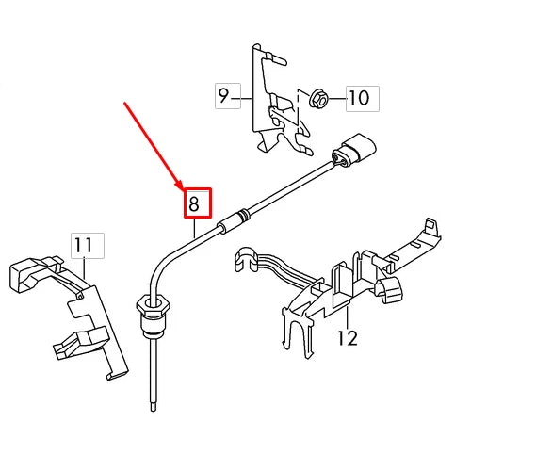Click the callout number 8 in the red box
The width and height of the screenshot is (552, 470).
point(195,203)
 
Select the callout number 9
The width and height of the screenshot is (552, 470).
point(224,95)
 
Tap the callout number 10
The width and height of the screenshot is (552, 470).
point(358,97)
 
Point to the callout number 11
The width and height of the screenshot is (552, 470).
point(84,246)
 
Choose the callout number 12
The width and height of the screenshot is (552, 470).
point(347,336)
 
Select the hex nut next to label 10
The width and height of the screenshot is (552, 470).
point(317,96)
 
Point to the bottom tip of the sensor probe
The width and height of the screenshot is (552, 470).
point(153,406)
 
